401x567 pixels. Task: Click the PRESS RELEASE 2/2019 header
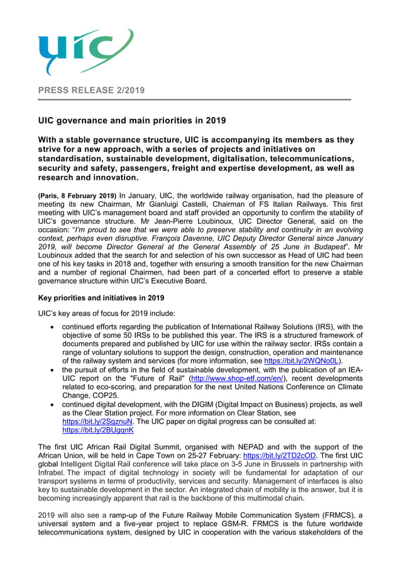click(x=91, y=91)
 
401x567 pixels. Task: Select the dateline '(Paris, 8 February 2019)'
click(x=77, y=196)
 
